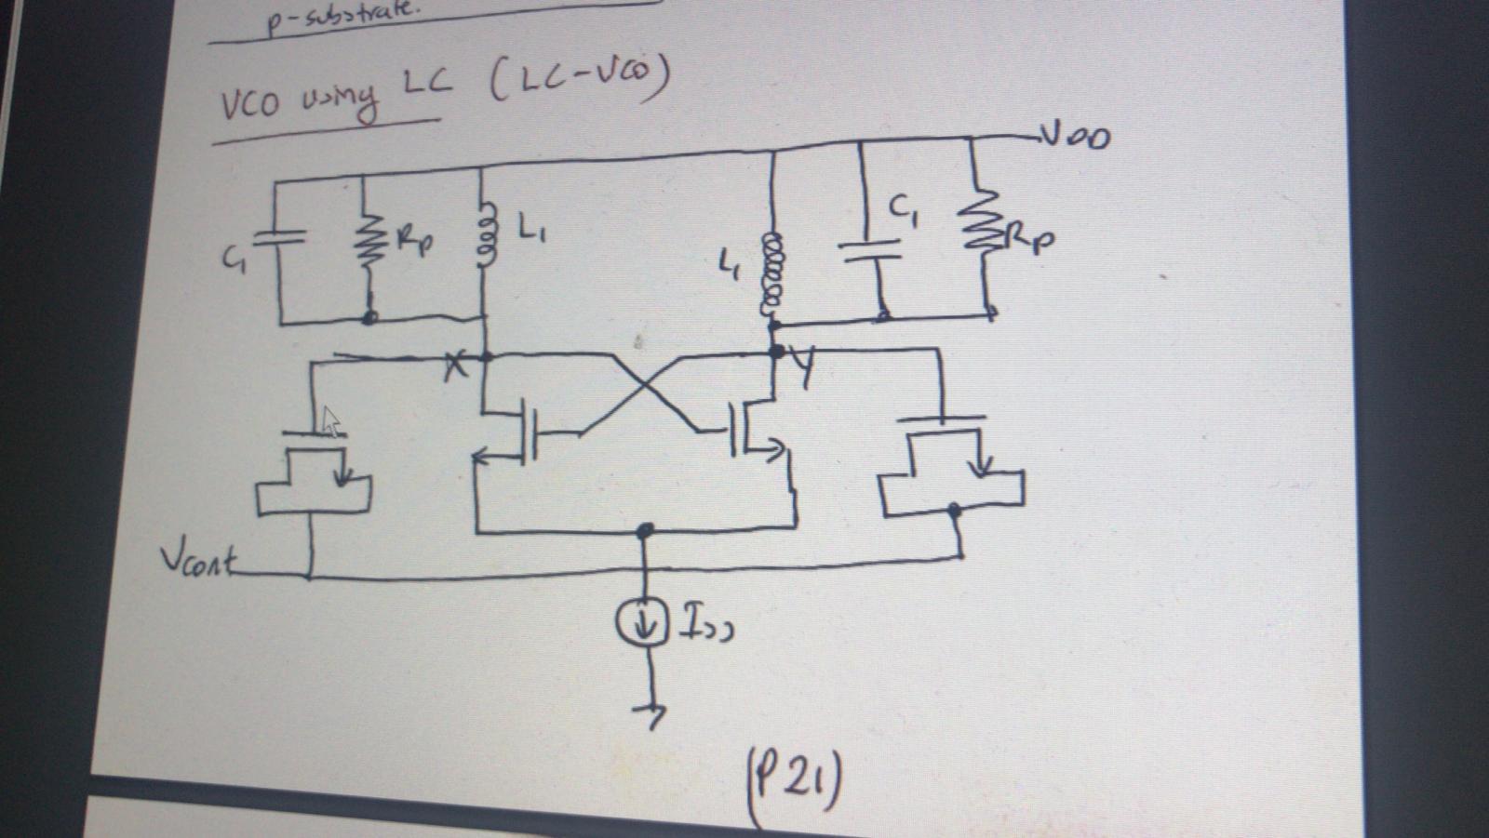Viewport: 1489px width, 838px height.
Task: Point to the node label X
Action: (x=455, y=368)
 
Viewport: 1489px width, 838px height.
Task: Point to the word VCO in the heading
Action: (x=249, y=104)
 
